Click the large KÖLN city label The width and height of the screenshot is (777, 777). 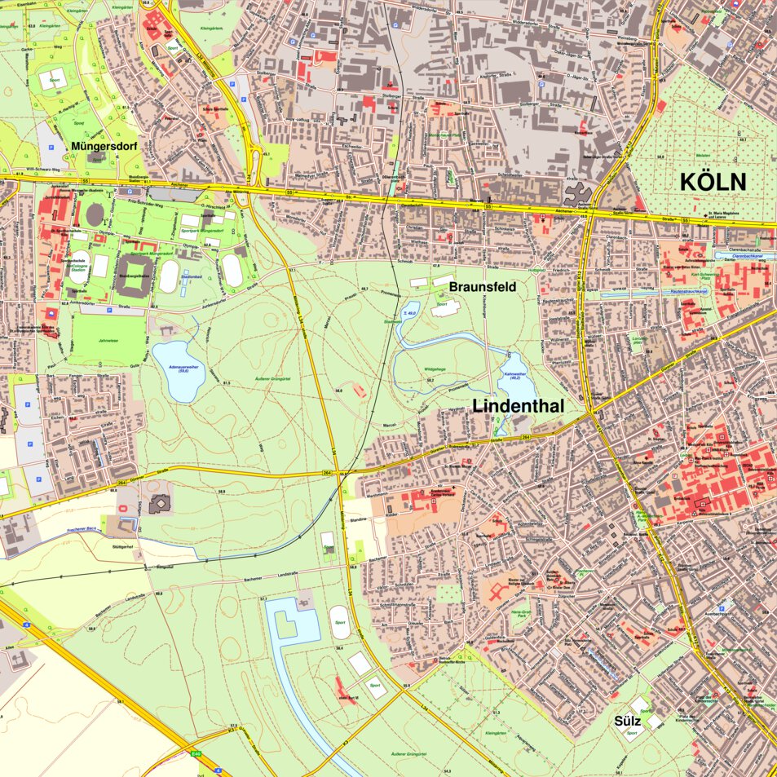(713, 182)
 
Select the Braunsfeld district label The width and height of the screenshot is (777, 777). (482, 287)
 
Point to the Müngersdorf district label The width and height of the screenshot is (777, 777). (103, 146)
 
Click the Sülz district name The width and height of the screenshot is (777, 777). (629, 722)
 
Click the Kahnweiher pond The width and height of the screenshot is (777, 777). (513, 377)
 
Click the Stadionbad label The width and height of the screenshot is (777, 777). (191, 276)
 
